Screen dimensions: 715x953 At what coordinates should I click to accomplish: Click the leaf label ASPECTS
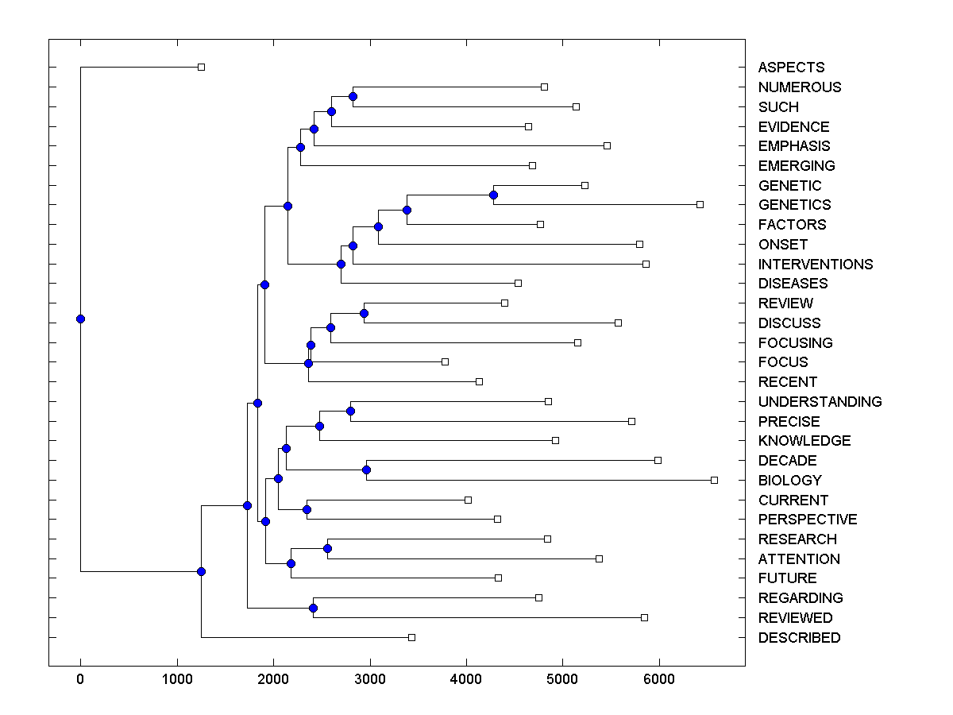[791, 68]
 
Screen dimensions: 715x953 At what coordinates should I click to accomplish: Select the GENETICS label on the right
[794, 205]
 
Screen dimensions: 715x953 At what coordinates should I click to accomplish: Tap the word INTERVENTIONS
[815, 264]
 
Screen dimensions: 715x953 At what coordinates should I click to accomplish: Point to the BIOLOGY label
[789, 480]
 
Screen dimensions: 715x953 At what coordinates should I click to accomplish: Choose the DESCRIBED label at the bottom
[799, 637]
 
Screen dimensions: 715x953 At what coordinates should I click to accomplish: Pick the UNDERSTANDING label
[820, 401]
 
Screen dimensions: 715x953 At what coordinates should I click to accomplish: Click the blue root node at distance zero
[80, 319]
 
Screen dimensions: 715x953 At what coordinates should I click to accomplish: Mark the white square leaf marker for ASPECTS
[201, 67]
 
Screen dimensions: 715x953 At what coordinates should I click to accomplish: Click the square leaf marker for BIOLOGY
[714, 480]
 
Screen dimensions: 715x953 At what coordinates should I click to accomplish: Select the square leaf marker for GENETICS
[700, 204]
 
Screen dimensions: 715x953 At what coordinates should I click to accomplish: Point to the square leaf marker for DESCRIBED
[411, 637]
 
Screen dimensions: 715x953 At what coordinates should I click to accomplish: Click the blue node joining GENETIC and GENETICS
[493, 195]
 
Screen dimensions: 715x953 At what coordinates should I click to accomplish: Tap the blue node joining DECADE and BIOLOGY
[366, 470]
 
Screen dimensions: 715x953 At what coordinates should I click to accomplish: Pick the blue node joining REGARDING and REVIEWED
[313, 608]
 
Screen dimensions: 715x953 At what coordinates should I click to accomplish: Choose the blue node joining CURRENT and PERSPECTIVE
[307, 509]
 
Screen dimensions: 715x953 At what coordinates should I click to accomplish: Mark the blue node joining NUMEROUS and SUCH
[353, 96]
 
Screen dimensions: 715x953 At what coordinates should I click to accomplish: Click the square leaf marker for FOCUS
[445, 361]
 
